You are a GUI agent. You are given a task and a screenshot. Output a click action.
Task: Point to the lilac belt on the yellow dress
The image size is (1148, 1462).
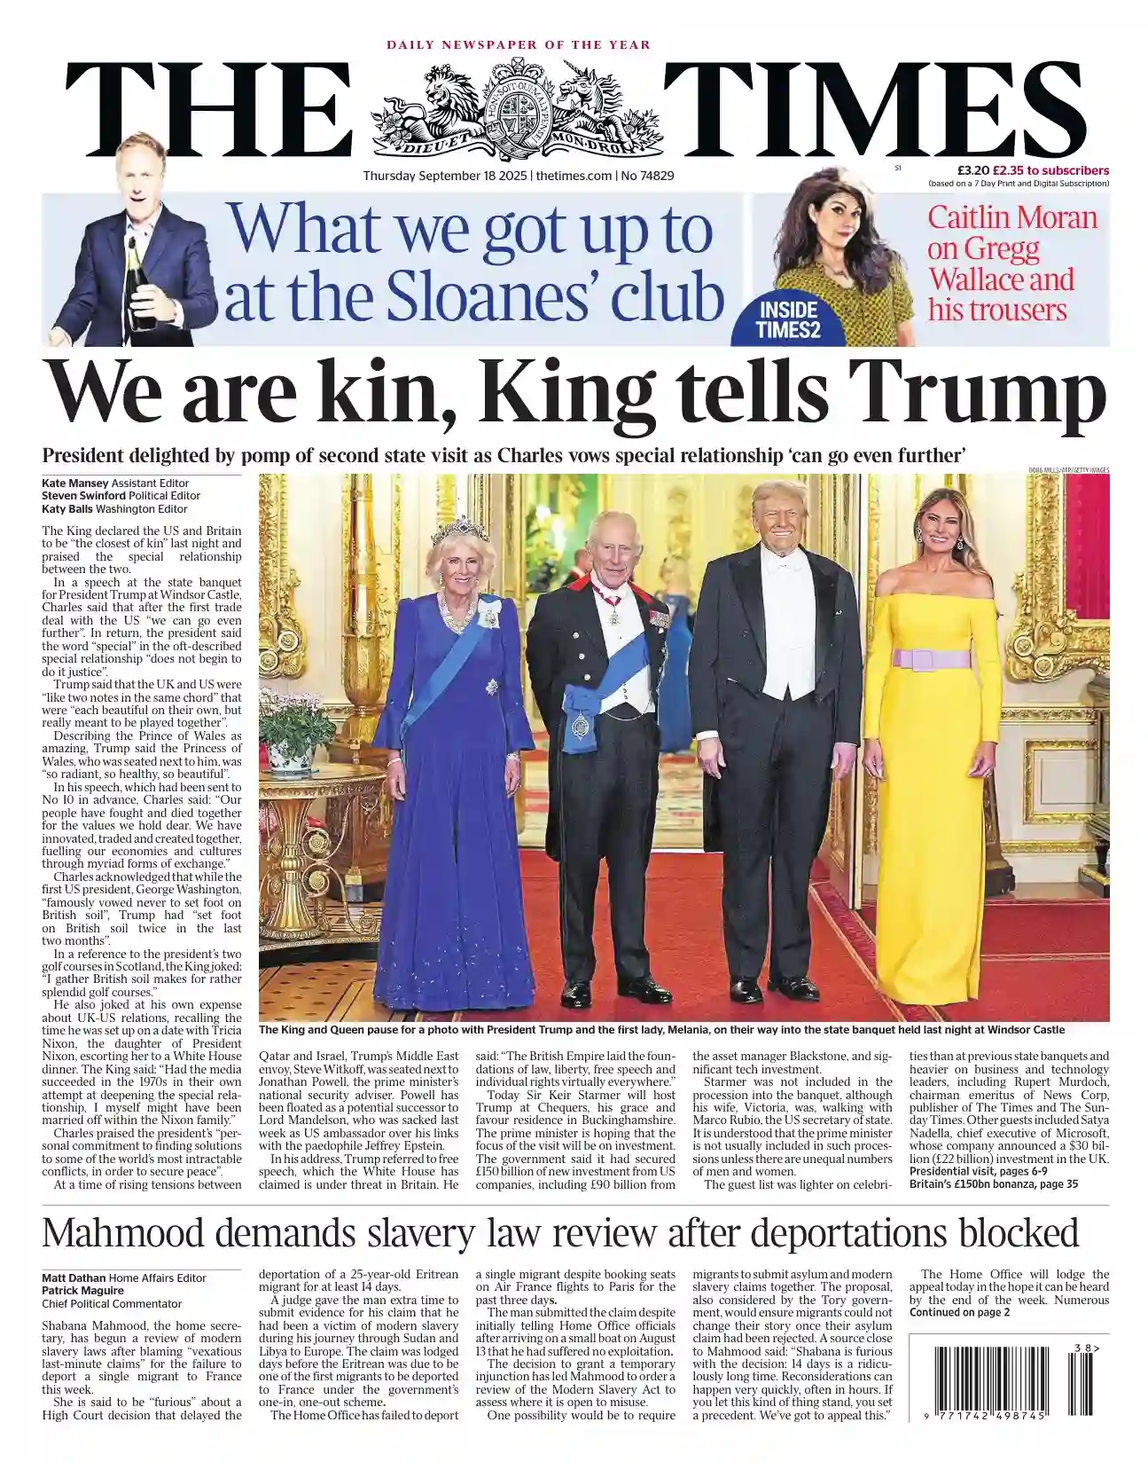931,658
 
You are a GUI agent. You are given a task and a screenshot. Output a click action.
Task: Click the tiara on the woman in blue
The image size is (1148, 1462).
459,530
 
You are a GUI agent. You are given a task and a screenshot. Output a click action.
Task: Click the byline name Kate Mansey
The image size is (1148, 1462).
74,483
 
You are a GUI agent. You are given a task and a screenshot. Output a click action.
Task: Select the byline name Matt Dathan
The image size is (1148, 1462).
74,1277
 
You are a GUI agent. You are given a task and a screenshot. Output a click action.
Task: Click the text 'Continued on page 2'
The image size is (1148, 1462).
959,1312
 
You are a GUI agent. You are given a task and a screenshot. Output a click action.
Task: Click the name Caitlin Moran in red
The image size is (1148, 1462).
1011,217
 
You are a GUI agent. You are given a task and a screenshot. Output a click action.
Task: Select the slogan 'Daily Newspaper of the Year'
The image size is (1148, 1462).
518,44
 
